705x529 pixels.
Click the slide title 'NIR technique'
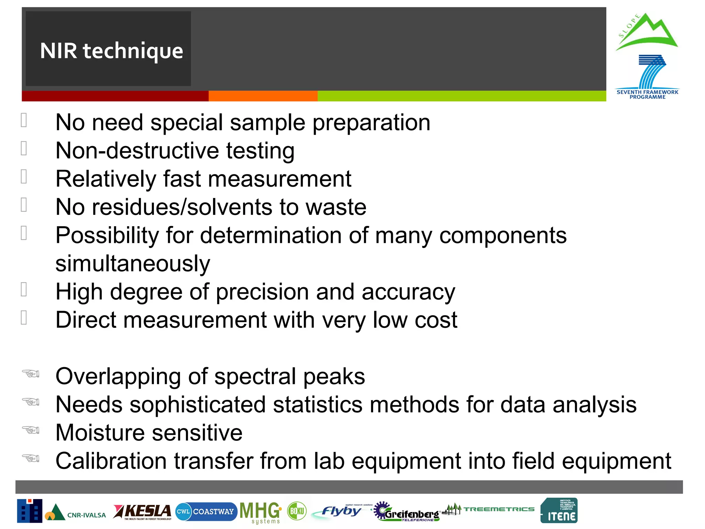[111, 51]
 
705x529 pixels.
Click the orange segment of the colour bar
[263, 96]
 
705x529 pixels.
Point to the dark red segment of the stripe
[115, 96]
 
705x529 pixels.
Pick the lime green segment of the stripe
[461, 96]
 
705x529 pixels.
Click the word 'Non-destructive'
[137, 151]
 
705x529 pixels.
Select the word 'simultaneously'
[133, 264]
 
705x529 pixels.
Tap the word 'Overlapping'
[118, 376]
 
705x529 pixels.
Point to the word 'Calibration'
[111, 461]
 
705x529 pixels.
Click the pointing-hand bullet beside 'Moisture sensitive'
[31, 430]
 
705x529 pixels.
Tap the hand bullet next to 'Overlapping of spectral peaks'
[31, 374]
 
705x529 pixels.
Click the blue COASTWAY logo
[206, 511]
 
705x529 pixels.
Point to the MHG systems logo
[260, 512]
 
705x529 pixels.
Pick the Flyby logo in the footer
[341, 511]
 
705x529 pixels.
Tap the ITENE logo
[559, 511]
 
